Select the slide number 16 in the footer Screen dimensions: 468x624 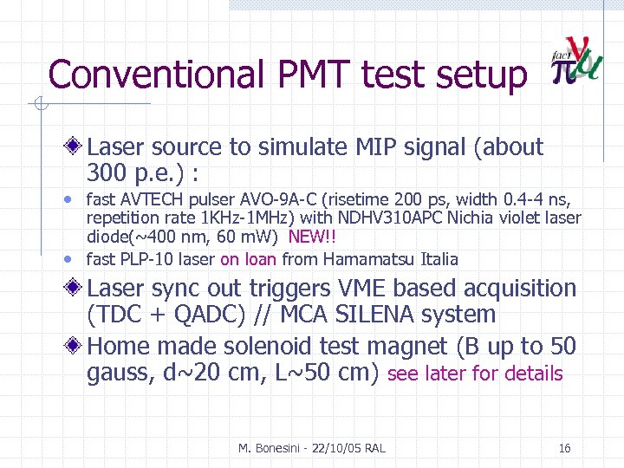coord(564,448)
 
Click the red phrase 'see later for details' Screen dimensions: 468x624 coord(476,374)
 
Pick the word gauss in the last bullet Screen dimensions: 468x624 coord(118,374)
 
